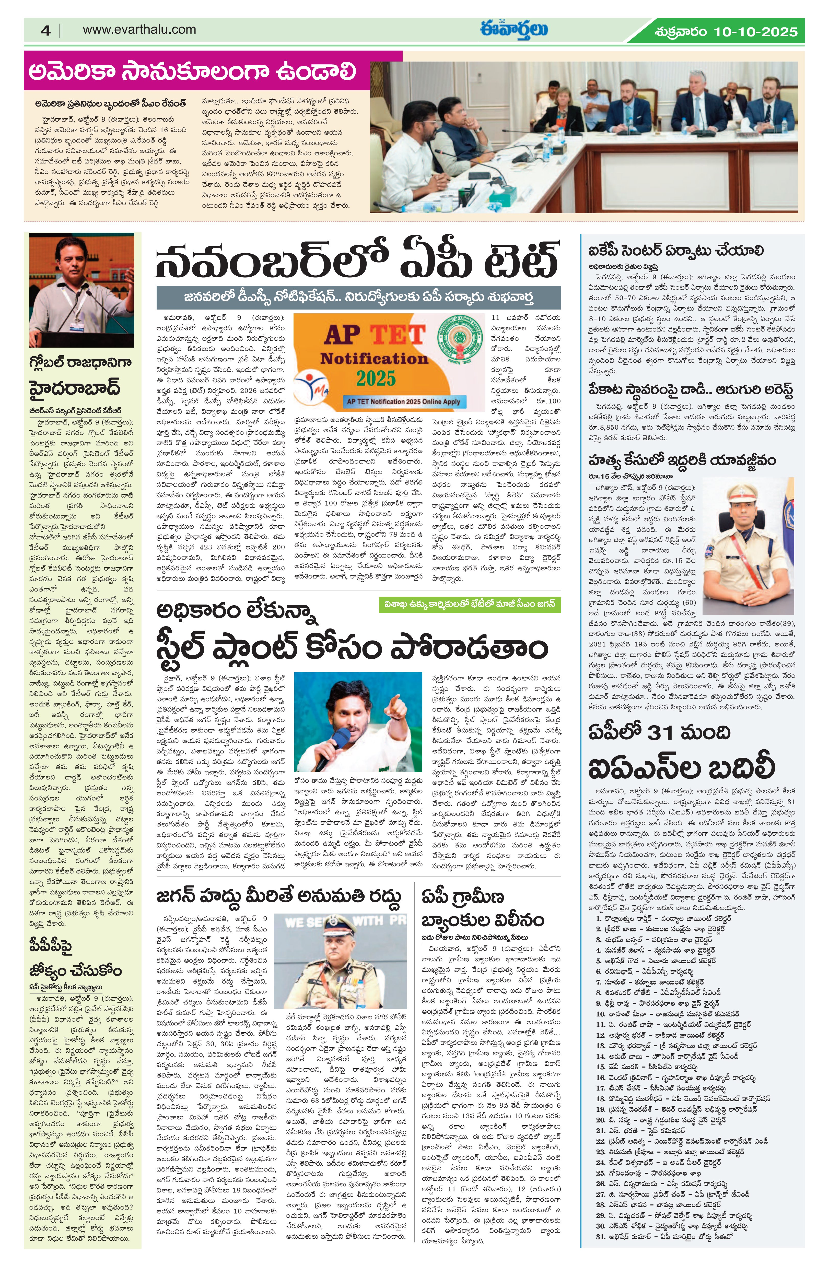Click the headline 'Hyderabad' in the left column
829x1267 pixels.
(75, 387)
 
